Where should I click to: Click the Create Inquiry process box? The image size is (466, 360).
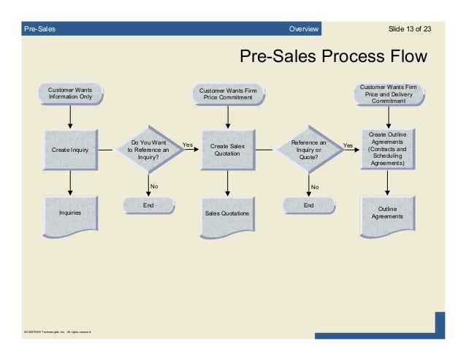coord(70,150)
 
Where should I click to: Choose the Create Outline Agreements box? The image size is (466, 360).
coord(387,149)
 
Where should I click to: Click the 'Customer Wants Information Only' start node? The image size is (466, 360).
coord(70,94)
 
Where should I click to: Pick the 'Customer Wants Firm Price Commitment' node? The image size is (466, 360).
coord(228,95)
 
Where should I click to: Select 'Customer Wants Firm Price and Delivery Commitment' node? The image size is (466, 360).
coord(388,94)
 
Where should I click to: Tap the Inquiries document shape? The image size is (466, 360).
coord(70,212)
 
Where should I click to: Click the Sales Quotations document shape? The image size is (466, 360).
coord(226,213)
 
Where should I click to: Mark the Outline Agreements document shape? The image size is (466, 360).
coord(387,212)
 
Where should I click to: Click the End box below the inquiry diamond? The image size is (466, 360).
coord(148,206)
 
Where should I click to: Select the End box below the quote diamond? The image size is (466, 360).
coord(308,206)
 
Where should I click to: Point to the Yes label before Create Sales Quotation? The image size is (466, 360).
coord(188,145)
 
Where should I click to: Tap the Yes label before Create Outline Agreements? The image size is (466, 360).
coord(348,145)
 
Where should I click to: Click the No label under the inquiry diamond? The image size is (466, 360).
coord(154,187)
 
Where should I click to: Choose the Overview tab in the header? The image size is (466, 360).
coord(304,28)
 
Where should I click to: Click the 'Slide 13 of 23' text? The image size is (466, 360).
coord(410,28)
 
